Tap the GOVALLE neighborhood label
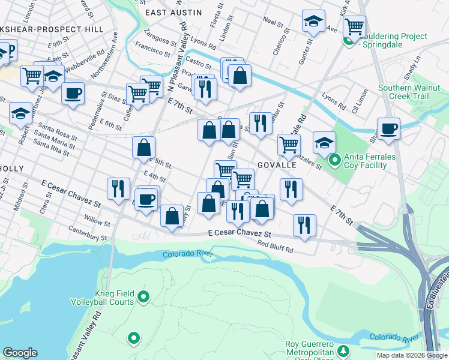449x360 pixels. click(x=277, y=164)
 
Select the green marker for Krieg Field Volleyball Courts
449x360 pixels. click(x=143, y=296)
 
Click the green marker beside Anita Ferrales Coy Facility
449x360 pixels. click(x=335, y=160)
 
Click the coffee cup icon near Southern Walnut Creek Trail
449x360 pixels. click(x=388, y=129)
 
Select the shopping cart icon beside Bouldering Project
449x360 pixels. click(x=355, y=26)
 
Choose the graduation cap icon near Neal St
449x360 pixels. click(x=313, y=22)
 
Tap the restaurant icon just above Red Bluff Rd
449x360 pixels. click(x=304, y=226)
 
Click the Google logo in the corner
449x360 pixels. click(x=20, y=353)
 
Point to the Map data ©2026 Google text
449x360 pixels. click(x=411, y=355)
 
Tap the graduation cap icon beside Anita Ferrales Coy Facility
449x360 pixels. click(x=324, y=143)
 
